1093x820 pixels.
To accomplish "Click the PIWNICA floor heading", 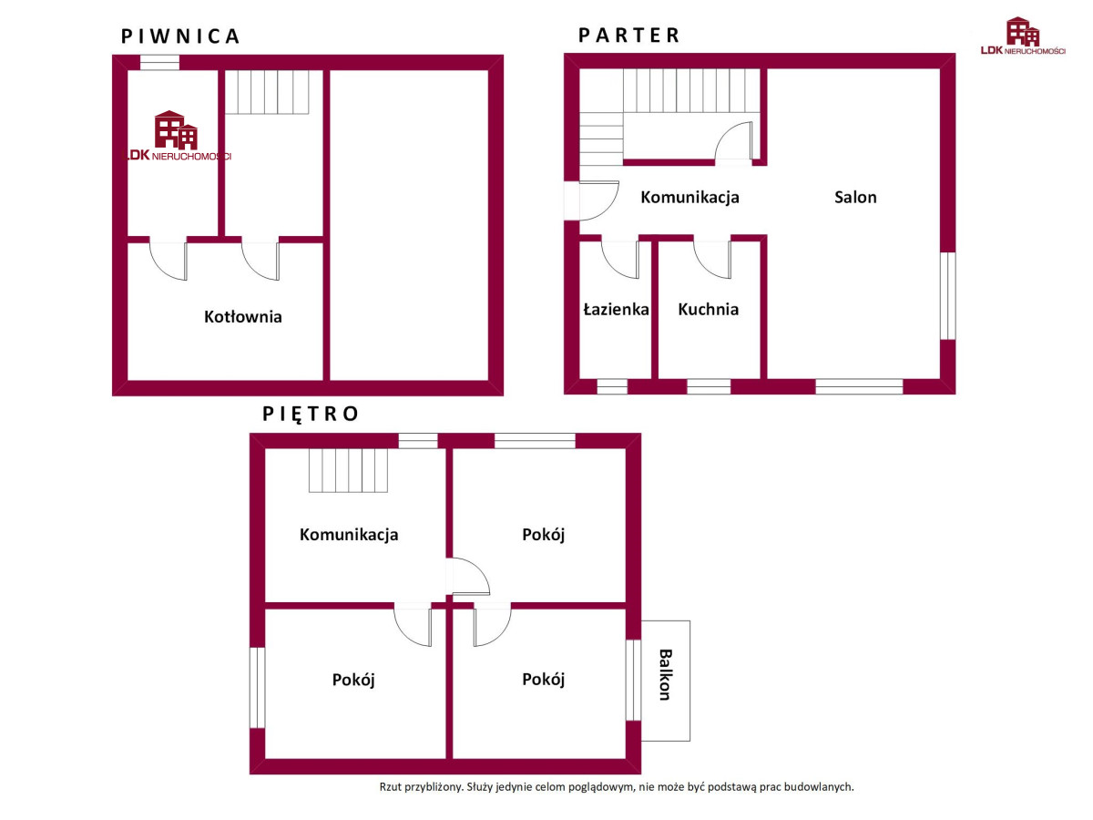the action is pyautogui.click(x=180, y=36).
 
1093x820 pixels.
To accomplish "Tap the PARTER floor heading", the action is pyautogui.click(x=628, y=36).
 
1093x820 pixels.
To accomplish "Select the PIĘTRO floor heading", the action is pyautogui.click(x=311, y=414).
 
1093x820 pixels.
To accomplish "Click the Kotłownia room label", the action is pyautogui.click(x=243, y=317).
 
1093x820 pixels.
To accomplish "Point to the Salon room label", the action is pyautogui.click(x=855, y=197).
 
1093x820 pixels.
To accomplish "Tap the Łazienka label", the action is pyautogui.click(x=616, y=309).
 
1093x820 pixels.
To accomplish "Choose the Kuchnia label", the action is pyautogui.click(x=708, y=309).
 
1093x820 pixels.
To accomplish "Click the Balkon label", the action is pyautogui.click(x=666, y=674).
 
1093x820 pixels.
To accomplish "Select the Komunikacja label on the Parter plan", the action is pyautogui.click(x=690, y=197).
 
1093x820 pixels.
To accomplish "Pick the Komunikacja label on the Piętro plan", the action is pyautogui.click(x=349, y=534).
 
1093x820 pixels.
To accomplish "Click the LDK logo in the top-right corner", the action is pyautogui.click(x=1023, y=36).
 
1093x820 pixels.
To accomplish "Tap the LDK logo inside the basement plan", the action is pyautogui.click(x=177, y=136).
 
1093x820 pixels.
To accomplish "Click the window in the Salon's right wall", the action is pyautogui.click(x=947, y=296).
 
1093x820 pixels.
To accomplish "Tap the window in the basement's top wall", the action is pyautogui.click(x=159, y=62).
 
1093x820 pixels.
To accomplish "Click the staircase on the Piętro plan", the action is pyautogui.click(x=348, y=470).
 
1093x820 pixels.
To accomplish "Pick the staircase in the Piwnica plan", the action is pyautogui.click(x=267, y=92).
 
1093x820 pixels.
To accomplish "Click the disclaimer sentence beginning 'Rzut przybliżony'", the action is pyautogui.click(x=617, y=787).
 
